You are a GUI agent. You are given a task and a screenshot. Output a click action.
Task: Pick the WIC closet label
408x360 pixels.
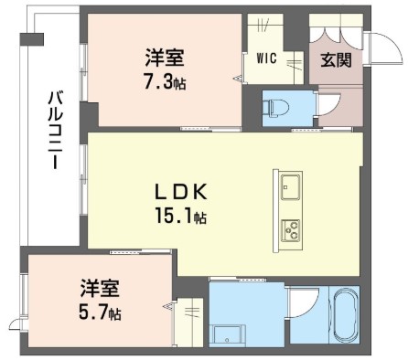pos(266,58)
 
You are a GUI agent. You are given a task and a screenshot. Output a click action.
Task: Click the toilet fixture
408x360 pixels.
pos(276,108)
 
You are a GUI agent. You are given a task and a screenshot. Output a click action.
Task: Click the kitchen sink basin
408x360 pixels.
pos(291,185)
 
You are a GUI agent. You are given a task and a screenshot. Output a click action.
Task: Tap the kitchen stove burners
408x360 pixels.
pos(291,230)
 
